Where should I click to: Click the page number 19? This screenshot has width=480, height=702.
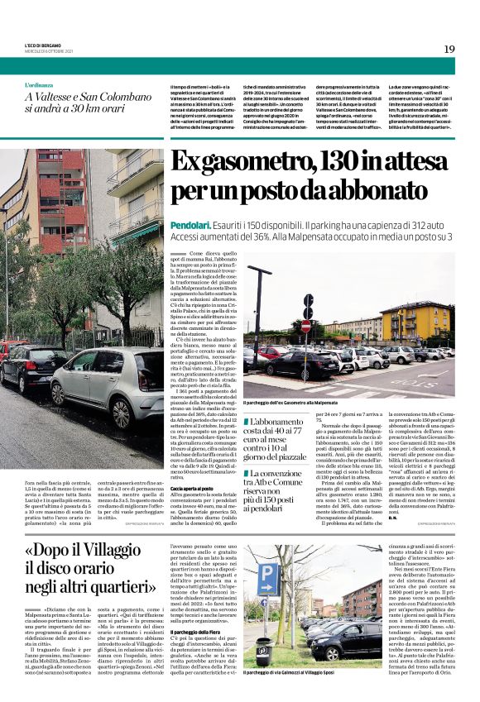(x=449, y=49)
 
